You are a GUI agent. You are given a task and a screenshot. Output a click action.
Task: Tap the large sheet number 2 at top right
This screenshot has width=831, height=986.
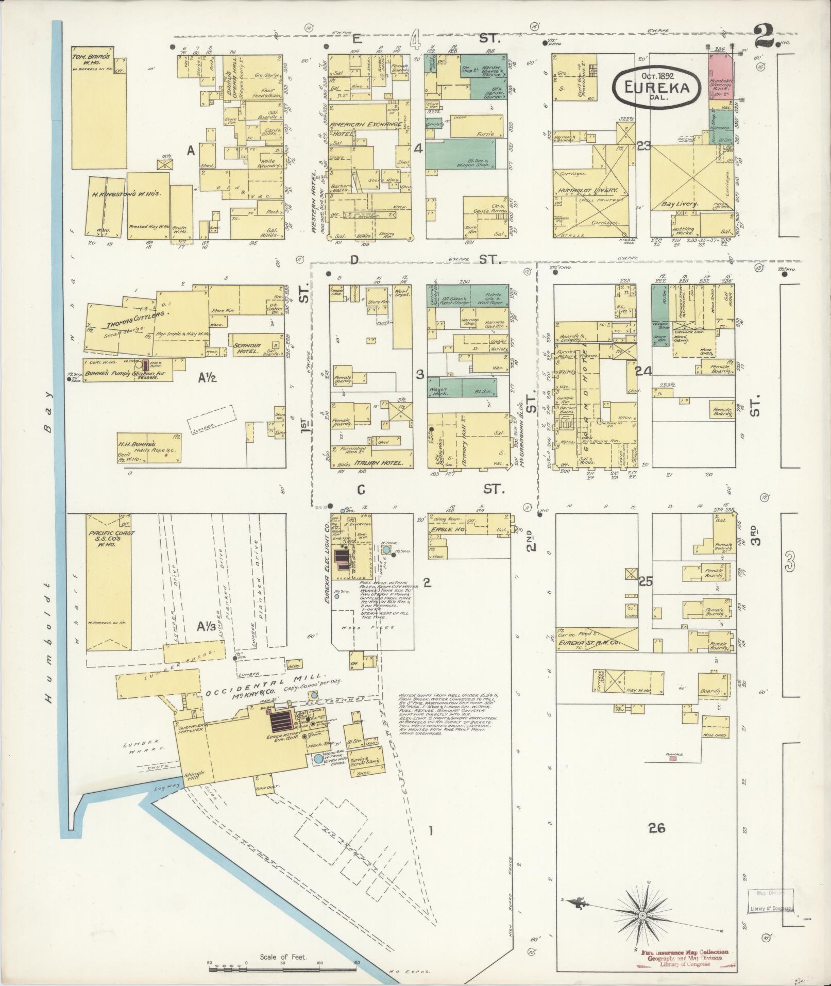[766, 36]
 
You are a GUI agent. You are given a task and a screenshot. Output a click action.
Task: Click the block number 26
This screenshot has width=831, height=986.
[657, 828]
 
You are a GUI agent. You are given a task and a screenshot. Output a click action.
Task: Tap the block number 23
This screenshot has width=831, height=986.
[643, 147]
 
